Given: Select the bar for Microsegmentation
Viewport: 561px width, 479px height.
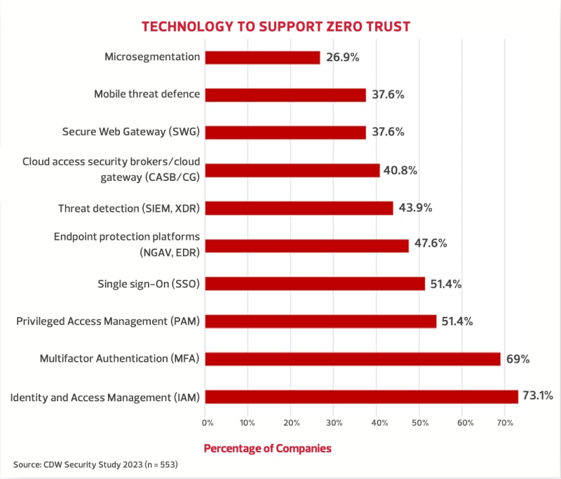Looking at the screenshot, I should tap(262, 58).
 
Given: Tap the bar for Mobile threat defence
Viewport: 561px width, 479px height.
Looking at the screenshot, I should tap(285, 95).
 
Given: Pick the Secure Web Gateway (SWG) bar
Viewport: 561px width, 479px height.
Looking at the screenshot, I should tap(285, 133).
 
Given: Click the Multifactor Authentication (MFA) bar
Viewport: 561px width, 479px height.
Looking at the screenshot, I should tap(353, 359).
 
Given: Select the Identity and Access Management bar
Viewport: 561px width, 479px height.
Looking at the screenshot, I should tap(362, 397).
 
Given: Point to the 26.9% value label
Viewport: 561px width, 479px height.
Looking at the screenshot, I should tap(343, 58).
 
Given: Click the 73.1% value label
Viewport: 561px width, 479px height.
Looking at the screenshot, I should tap(541, 397).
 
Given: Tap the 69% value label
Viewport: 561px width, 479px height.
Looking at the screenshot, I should tap(518, 359).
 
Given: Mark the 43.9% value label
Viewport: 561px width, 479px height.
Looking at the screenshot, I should tap(415, 208).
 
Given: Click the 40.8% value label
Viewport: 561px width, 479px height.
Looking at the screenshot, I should tap(402, 170).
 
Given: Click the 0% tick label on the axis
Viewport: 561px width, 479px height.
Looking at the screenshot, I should tap(208, 423).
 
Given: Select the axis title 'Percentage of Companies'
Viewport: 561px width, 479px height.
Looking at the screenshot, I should tap(267, 447).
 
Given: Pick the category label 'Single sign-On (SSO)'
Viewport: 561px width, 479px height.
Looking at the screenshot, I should tap(149, 284).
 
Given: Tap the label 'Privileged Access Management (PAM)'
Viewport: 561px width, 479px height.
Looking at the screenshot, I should tap(108, 321).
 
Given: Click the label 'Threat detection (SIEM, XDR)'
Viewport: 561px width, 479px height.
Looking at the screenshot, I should tap(129, 208).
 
